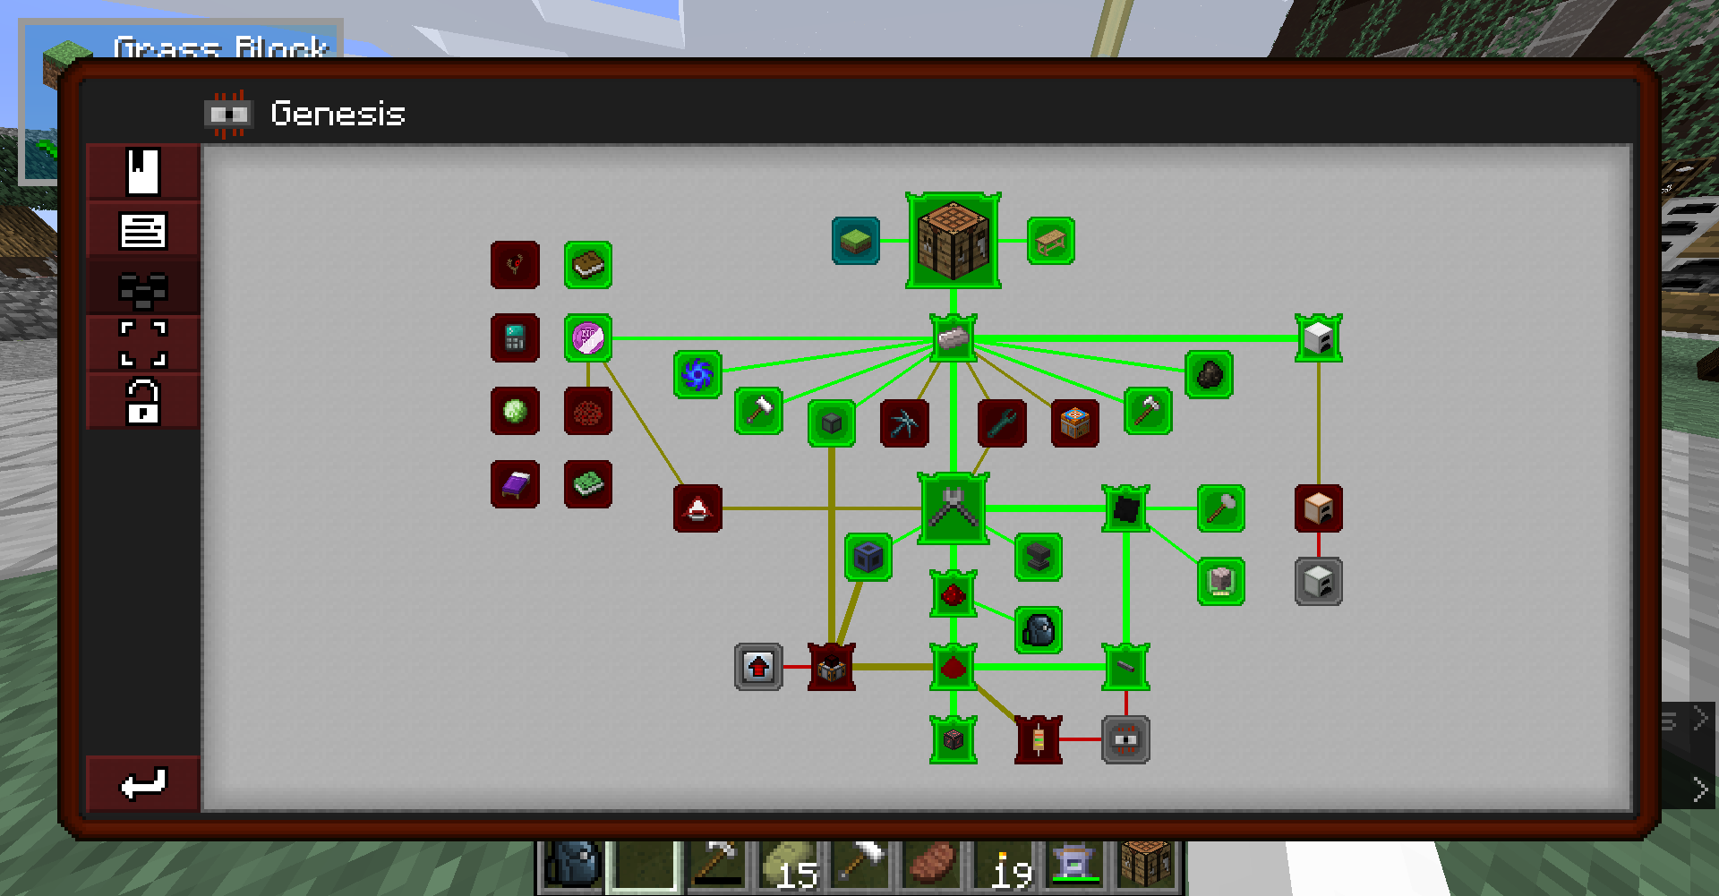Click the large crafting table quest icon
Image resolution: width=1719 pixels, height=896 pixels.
(953, 240)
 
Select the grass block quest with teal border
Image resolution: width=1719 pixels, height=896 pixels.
(855, 241)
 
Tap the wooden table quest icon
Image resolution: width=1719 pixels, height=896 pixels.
(1050, 241)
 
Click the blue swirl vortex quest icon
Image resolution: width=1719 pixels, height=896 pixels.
(697, 374)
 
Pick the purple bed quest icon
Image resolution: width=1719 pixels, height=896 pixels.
(515, 484)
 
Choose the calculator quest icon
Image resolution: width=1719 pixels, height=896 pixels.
(515, 337)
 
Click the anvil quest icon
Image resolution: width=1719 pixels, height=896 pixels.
(1039, 557)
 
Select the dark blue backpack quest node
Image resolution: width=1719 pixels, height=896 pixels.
(1039, 630)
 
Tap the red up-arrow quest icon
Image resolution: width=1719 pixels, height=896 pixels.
(758, 667)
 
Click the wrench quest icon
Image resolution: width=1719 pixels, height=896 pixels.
(1002, 422)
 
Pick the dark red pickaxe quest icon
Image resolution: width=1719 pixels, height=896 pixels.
(904, 422)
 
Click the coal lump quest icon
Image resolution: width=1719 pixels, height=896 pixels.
(1209, 374)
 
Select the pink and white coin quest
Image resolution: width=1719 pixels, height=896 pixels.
(588, 337)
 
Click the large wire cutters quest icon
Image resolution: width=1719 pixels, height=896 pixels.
(953, 508)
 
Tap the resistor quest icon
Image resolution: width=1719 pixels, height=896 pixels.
(1039, 739)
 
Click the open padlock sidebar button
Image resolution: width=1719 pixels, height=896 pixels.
(142, 401)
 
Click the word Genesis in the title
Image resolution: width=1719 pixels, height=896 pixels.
(338, 114)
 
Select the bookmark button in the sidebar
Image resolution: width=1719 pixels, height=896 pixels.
(142, 171)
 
